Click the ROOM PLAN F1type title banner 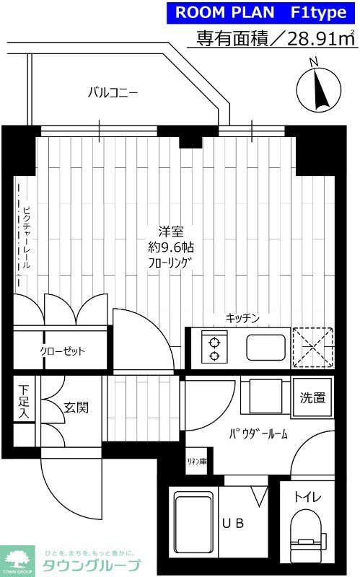263,13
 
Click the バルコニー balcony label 113,92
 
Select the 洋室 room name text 171,232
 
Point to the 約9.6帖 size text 171,247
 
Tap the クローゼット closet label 63,351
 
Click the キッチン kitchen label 242,318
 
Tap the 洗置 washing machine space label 313,397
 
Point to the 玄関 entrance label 76,408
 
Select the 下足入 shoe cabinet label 24,402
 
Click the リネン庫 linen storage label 197,462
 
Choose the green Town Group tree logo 19,558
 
